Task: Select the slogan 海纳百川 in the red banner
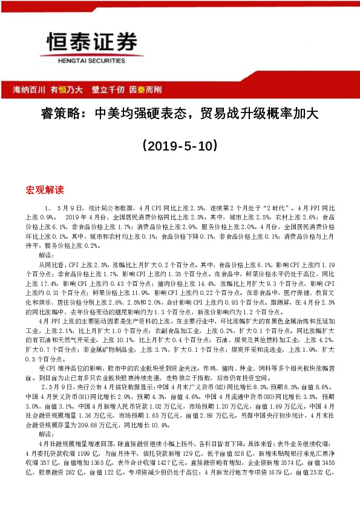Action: (30, 89)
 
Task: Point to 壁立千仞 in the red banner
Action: (108, 89)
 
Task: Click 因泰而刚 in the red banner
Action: (145, 89)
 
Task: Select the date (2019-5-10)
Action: (179, 146)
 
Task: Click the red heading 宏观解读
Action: (44, 189)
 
